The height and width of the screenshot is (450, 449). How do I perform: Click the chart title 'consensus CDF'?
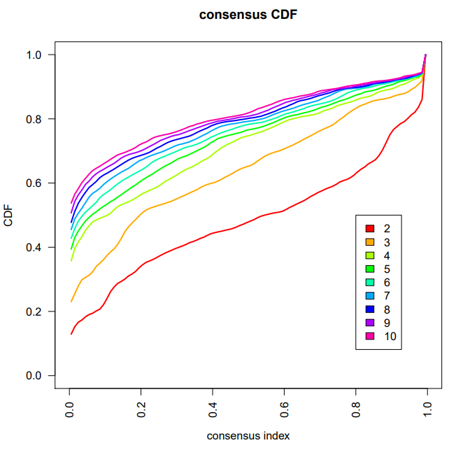[248, 15]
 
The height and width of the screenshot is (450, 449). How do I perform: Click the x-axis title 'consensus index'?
[248, 435]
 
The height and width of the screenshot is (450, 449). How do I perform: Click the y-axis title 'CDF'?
[9, 215]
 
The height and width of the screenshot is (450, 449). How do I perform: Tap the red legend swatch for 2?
[370, 229]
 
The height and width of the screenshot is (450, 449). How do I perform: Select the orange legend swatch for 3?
[370, 242]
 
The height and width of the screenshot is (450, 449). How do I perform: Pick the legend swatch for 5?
[370, 269]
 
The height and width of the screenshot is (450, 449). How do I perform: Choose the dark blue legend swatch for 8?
[370, 309]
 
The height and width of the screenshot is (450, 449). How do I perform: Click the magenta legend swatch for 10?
[370, 336]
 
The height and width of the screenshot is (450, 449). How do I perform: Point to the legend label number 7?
[387, 296]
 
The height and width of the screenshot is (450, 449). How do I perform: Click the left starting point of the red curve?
[71, 334]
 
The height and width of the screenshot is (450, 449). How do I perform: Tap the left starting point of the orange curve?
[71, 302]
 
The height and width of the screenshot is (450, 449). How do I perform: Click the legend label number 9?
[387, 323]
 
